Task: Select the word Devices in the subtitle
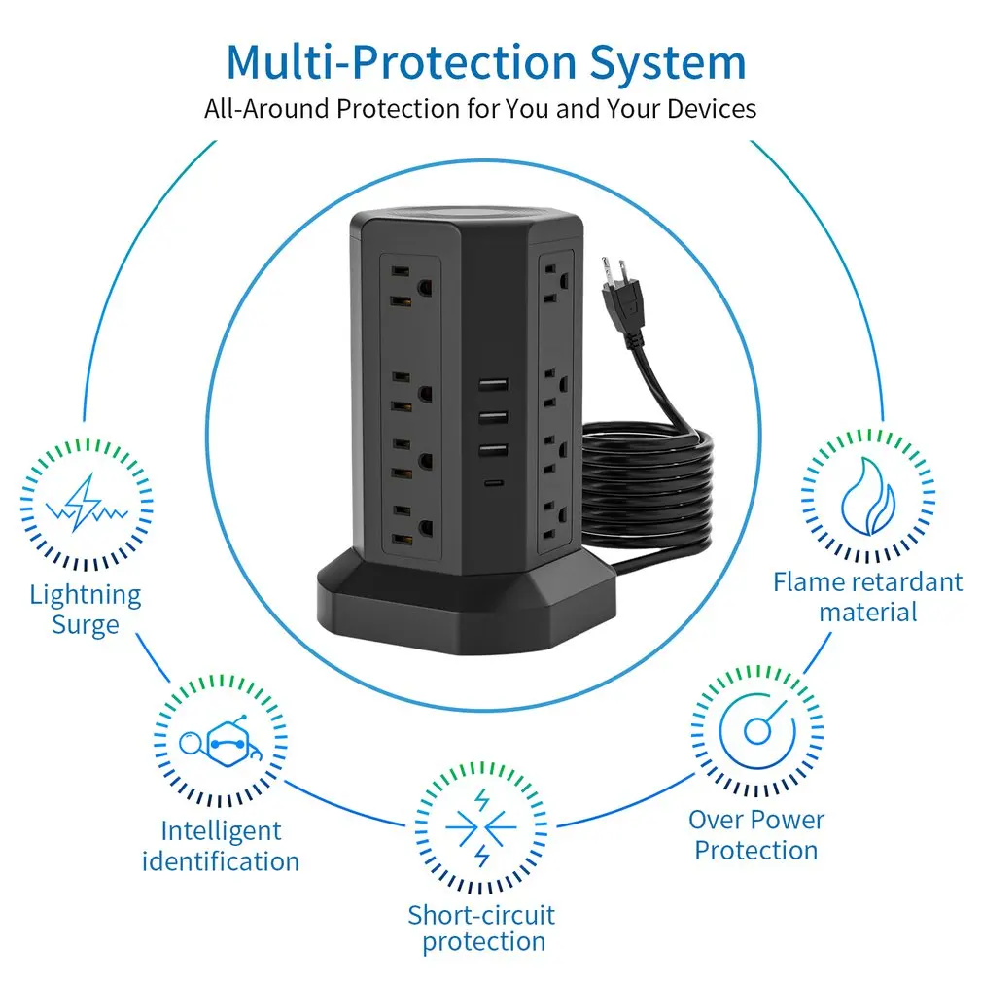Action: (711, 108)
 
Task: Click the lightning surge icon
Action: (86, 503)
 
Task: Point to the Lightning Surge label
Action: (86, 609)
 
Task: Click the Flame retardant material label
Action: (867, 596)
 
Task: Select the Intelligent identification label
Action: (221, 846)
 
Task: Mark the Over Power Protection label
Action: (756, 834)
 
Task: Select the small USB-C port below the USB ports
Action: (493, 483)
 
